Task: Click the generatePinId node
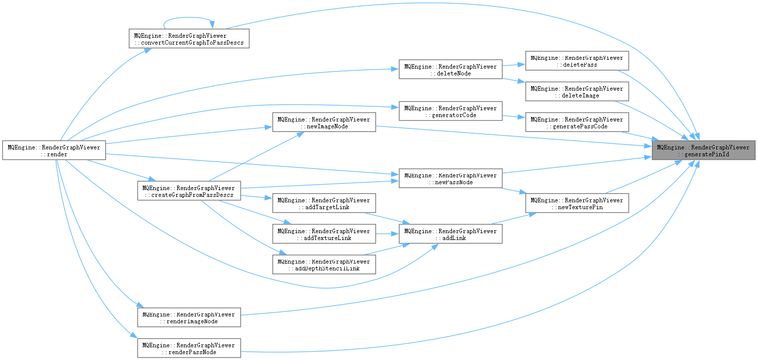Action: click(x=703, y=150)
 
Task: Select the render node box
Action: click(x=54, y=150)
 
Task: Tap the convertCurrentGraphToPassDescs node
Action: click(x=189, y=39)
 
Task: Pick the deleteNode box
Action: click(x=450, y=70)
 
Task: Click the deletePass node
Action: click(x=577, y=61)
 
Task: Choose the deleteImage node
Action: click(x=577, y=92)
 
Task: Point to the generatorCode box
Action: click(x=450, y=111)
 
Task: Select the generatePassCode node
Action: click(x=577, y=122)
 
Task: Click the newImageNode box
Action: click(x=324, y=122)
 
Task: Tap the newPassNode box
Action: click(x=450, y=178)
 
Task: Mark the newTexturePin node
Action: click(x=577, y=203)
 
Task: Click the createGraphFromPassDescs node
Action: click(x=189, y=191)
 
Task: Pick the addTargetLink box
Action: click(x=324, y=203)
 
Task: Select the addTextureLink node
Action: click(x=324, y=234)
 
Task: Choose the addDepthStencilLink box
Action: click(x=324, y=264)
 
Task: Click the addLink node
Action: click(x=450, y=234)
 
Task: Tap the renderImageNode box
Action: click(x=189, y=317)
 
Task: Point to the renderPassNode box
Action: click(x=189, y=348)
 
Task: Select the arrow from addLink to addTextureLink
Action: click(x=387, y=234)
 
